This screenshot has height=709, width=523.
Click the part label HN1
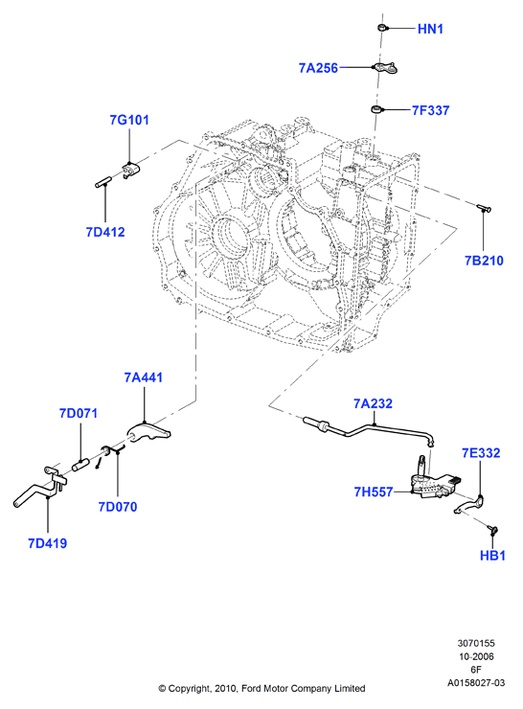coord(430,29)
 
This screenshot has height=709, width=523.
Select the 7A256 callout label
coord(318,68)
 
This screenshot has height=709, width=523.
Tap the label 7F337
coord(431,110)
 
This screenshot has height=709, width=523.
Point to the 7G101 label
coord(129,121)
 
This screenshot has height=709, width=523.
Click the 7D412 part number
coord(105,232)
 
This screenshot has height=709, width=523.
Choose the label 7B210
coord(484,261)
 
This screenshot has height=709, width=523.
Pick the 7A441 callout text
coord(144,377)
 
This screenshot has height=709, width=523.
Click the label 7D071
coord(79,413)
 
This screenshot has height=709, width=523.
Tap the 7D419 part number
coord(48,543)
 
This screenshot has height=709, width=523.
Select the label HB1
coord(492,556)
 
